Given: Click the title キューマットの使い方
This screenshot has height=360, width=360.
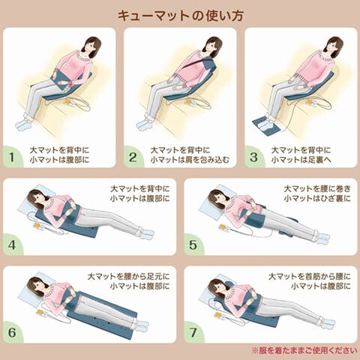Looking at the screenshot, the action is (x=181, y=16).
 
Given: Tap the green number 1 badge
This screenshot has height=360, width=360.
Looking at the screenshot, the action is (x=13, y=157).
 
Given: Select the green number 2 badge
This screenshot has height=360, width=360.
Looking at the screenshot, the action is (x=133, y=157).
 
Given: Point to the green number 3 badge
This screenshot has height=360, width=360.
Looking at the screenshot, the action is (x=254, y=157).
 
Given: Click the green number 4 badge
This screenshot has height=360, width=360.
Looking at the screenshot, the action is (x=13, y=244).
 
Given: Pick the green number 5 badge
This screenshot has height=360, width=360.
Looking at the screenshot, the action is (x=193, y=244).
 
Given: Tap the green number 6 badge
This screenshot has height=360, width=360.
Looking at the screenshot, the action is (x=13, y=332).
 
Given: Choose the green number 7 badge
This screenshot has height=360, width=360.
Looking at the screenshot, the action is (x=193, y=332).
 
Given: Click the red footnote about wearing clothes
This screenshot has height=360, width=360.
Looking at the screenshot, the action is (x=304, y=350).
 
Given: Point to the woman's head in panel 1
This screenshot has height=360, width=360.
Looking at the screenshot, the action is (x=91, y=46).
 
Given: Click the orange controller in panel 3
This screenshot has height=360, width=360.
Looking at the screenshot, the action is (x=309, y=102).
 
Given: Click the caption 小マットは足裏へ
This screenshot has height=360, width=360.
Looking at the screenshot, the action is (x=301, y=160).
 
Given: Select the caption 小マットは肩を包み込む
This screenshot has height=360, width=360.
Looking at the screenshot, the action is (x=190, y=160).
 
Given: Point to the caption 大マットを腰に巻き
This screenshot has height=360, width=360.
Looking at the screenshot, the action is (x=317, y=189).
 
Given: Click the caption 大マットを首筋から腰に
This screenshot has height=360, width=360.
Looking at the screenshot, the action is (x=310, y=277).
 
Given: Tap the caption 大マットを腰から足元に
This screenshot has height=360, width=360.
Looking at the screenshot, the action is (x=128, y=277).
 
